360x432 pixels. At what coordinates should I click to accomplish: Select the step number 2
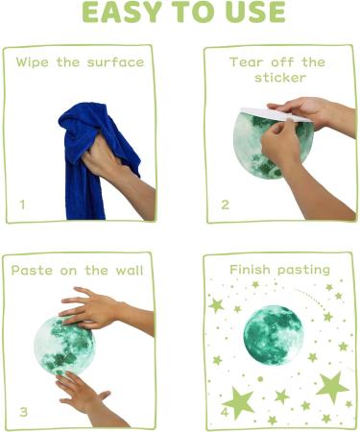(226, 204)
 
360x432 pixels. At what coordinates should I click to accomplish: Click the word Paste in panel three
(32, 271)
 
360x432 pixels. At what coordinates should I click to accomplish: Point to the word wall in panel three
(127, 271)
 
